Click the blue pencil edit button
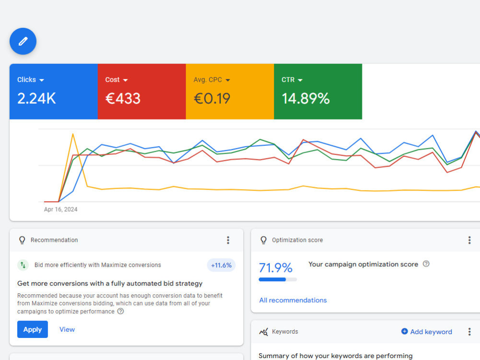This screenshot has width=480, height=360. [23, 41]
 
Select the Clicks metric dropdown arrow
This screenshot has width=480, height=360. [42, 80]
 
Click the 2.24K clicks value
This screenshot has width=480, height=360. [36, 98]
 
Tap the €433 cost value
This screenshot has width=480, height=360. [123, 98]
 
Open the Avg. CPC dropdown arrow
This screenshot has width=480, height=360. [228, 80]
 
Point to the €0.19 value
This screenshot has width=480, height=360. [212, 98]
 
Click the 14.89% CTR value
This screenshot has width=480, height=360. [305, 98]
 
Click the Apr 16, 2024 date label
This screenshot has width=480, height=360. [60, 209]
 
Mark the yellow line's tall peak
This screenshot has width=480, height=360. [73, 134]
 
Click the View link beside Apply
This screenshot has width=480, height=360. [67, 329]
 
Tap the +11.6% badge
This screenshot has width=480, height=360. [221, 265]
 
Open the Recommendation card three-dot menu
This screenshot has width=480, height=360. [228, 240]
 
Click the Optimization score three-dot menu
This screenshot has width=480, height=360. [469, 240]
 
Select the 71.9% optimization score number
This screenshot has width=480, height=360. [276, 268]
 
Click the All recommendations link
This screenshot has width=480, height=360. [293, 300]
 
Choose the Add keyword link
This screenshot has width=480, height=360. [427, 332]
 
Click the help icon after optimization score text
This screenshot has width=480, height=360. [426, 264]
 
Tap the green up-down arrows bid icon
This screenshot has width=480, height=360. [23, 265]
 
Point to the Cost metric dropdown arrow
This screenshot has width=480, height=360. [125, 80]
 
